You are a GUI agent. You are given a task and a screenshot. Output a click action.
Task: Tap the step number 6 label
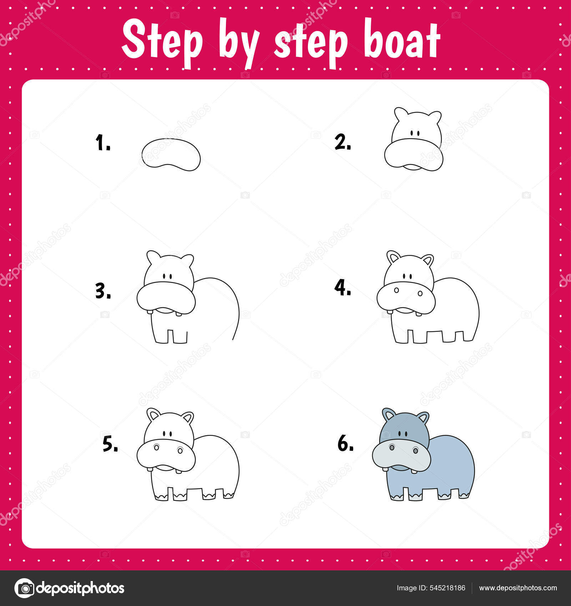click(345, 443)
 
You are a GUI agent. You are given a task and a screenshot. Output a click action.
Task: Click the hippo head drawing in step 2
click(414, 139)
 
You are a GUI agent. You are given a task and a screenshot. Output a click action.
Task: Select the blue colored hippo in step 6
click(423, 454)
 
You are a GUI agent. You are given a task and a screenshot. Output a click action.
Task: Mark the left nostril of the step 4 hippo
click(396, 291)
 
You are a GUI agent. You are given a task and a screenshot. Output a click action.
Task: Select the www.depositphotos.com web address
click(518, 588)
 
